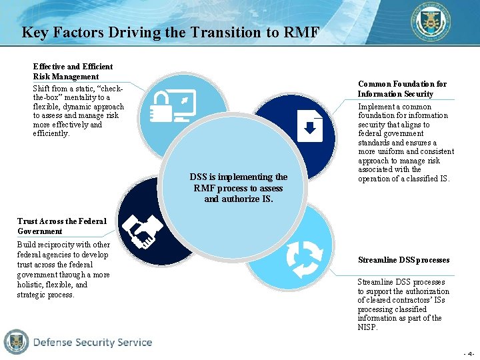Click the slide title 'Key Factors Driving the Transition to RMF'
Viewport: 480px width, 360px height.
coord(170,32)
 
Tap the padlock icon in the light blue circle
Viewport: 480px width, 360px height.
coord(161,105)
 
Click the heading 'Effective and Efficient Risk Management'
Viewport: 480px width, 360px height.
coord(73,71)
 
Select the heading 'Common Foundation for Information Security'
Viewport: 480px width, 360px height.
coord(402,89)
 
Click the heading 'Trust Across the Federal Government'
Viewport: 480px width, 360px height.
coord(61,226)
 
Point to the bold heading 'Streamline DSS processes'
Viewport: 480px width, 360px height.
coord(403,259)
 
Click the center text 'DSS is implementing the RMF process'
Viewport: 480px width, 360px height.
coord(239,187)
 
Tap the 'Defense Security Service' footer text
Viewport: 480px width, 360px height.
coord(93,343)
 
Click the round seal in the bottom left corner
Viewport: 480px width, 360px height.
coord(16,342)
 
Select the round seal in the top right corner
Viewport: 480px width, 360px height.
coord(429,22)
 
